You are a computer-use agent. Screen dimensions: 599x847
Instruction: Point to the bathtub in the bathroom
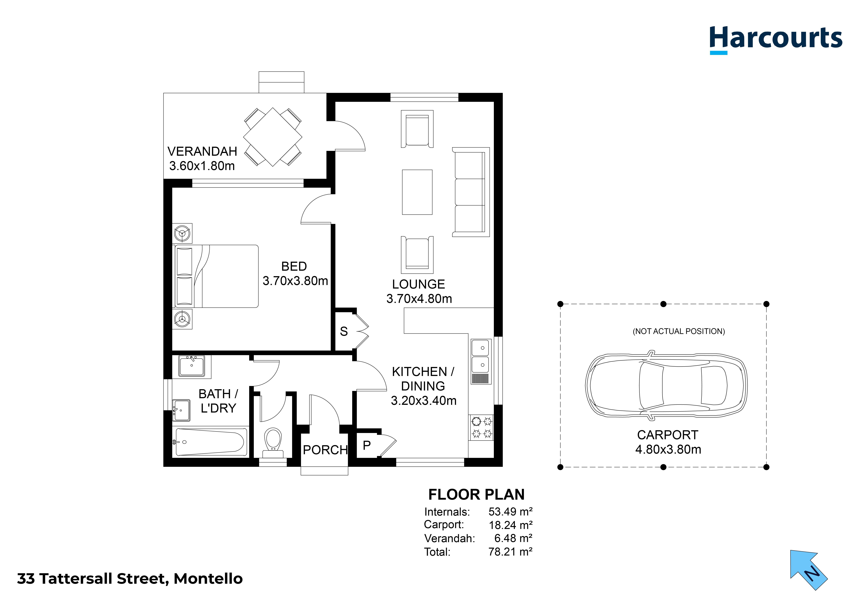point(210,442)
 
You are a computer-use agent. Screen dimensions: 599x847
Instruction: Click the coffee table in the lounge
point(417,192)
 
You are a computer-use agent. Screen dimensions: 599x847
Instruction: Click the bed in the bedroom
point(216,276)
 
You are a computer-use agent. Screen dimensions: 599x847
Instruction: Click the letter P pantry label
point(366,446)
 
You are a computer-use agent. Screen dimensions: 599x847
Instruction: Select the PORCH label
point(325,450)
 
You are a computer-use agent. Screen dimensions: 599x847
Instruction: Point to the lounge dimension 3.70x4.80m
point(419,299)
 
